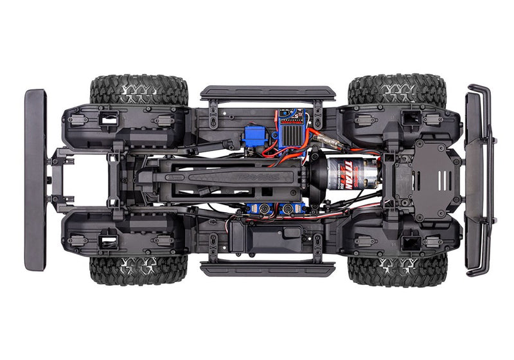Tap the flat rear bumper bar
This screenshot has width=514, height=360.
click(35, 179)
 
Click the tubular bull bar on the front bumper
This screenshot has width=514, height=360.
click(481, 180)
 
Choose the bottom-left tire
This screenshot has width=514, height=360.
click(139, 270)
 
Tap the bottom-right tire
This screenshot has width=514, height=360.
click(396, 270)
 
